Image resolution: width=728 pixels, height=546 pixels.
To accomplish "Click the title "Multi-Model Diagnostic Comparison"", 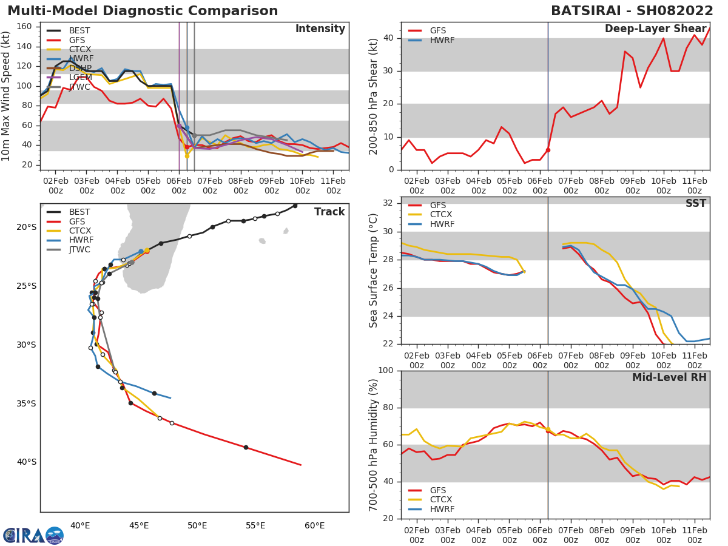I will (x=143, y=11).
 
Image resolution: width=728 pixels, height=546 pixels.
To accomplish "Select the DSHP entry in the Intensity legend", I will (x=79, y=68).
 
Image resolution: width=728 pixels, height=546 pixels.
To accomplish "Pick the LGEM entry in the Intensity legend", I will (x=79, y=78).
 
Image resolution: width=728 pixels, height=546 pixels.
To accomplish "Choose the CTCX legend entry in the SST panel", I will (x=440, y=215).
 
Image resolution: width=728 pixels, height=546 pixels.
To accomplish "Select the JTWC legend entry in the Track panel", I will (x=79, y=249).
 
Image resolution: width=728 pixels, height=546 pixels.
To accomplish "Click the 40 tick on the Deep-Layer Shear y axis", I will (x=389, y=38).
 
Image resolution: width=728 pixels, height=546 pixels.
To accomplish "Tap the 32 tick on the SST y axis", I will (x=389, y=203).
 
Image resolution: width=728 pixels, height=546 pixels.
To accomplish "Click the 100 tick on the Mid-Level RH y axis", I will (x=386, y=371).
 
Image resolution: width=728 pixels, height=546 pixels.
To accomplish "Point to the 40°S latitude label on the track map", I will (x=27, y=462).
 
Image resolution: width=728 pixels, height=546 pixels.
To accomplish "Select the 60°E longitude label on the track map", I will (x=314, y=525).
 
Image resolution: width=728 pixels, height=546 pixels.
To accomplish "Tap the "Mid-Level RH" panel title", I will (x=669, y=377).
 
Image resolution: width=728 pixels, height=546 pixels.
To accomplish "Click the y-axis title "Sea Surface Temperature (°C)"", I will (x=374, y=271).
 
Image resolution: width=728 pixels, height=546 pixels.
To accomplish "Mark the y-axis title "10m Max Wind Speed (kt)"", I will (x=7, y=96).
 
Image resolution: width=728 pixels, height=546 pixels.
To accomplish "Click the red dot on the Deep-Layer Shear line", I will (x=548, y=150).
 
